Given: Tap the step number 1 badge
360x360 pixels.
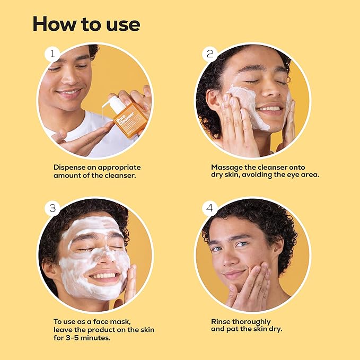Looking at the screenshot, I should pyautogui.click(x=51, y=54).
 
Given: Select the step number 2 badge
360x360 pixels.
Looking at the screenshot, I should pyautogui.click(x=209, y=54).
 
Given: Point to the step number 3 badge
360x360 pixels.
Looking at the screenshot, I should pyautogui.click(x=52, y=208).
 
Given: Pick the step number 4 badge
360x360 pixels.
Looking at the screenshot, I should pyautogui.click(x=209, y=208).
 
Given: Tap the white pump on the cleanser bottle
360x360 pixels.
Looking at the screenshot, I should pyautogui.click(x=115, y=104).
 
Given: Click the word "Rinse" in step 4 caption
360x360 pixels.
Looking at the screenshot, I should pyautogui.click(x=222, y=321).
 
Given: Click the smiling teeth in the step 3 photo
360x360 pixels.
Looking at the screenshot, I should pyautogui.click(x=105, y=276).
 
